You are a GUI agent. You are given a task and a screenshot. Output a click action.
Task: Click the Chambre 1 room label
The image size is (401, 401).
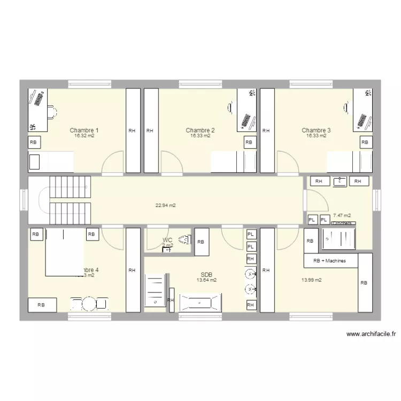tap(84, 130)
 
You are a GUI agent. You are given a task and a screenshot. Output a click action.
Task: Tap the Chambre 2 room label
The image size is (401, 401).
tap(200, 130)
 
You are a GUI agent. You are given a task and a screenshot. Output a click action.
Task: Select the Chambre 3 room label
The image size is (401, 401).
tap(316, 130)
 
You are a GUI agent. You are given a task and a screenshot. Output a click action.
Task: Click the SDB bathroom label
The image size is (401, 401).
tap(206, 274)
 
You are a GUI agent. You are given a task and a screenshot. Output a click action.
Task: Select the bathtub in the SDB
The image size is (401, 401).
tap(199, 302)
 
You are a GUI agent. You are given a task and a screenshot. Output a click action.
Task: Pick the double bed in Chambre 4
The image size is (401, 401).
tap(64, 252)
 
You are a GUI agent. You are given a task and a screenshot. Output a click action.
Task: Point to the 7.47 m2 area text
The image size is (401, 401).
tap(342, 215)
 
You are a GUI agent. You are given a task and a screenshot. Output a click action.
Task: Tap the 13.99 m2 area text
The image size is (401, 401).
tap(312, 280)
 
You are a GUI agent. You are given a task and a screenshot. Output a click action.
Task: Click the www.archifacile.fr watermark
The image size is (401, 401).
tap(371, 334)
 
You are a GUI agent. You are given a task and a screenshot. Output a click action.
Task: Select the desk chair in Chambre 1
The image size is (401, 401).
tap(51, 112)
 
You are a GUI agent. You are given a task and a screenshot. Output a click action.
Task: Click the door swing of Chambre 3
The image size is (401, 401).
tap(287, 163)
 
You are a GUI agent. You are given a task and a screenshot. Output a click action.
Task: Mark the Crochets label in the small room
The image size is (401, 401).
tap(342, 223)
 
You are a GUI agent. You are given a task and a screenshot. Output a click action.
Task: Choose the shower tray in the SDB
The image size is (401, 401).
tap(156, 290)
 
